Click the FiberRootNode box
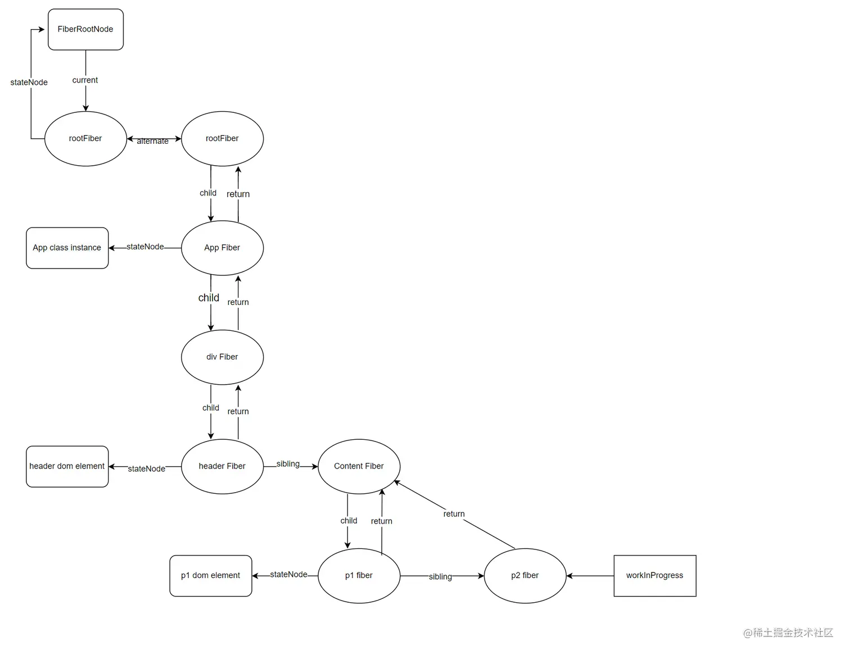[85, 29]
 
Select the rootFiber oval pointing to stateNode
[85, 138]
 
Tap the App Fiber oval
[222, 248]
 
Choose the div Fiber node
[222, 357]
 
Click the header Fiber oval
[222, 466]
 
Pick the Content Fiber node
[359, 466]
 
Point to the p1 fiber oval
[359, 575]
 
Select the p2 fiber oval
[525, 575]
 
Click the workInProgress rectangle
[654, 575]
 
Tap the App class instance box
[67, 248]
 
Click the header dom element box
[67, 466]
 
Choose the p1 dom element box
[210, 575]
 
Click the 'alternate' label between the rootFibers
[152, 141]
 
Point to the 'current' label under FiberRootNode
[85, 80]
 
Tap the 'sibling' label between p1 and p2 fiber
[440, 576]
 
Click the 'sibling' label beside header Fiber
[288, 464]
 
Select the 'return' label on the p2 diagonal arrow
[454, 514]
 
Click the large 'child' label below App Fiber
[209, 298]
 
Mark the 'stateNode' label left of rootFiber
[29, 83]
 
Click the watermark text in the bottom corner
[788, 633]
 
